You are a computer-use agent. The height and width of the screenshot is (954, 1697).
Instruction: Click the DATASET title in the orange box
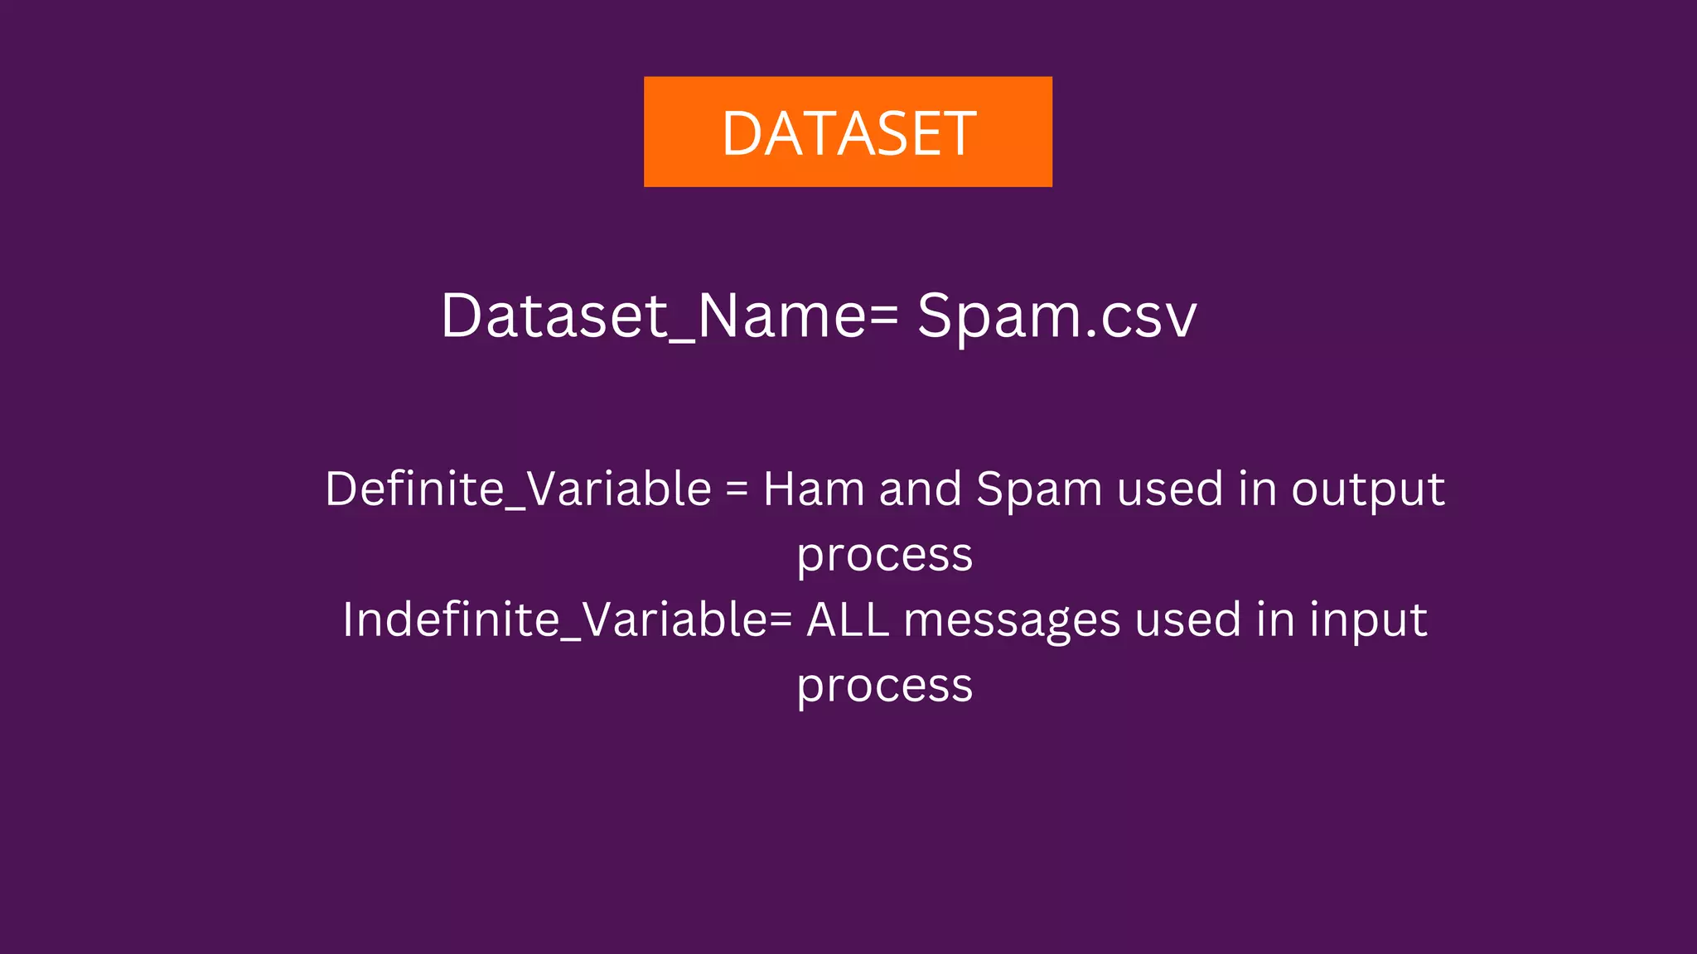coord(848,133)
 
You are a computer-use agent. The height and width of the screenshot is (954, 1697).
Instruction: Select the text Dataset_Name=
coord(670,316)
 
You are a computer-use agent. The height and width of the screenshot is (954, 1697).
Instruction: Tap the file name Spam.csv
coord(1056,316)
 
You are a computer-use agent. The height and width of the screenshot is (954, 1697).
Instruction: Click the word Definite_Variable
coord(518,489)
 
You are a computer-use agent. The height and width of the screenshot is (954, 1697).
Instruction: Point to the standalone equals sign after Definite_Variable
coord(737,489)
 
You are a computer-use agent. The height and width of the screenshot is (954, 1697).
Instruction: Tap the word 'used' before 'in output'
coord(1170,489)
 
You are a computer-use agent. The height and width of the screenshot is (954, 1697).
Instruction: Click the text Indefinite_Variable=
coord(568,619)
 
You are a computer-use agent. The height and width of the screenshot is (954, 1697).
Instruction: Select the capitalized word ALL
coord(848,619)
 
